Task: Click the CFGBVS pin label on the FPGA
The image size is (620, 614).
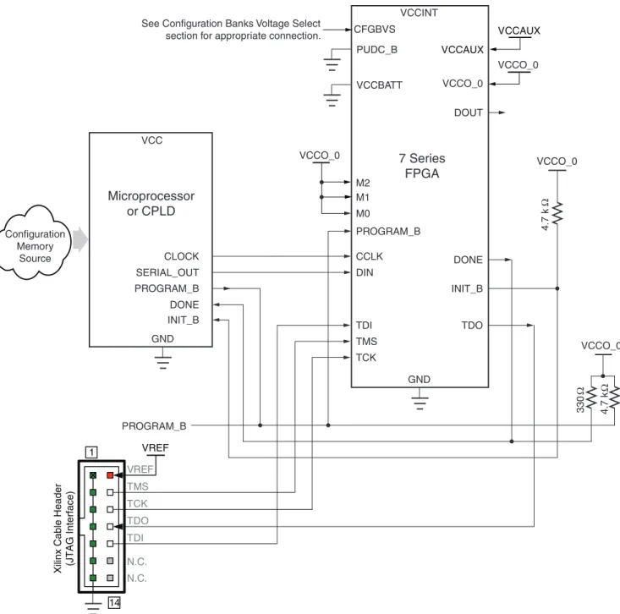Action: (375, 30)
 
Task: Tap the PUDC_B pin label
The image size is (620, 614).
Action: (377, 50)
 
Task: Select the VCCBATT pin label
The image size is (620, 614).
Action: (379, 85)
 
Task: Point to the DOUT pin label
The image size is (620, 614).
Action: (468, 112)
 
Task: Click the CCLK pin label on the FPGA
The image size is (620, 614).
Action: (370, 256)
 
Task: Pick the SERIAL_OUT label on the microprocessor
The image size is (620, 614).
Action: (167, 273)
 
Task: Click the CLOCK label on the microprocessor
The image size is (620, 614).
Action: (182, 256)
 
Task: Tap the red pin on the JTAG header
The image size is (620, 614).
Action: (110, 475)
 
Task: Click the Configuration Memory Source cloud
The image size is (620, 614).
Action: (35, 243)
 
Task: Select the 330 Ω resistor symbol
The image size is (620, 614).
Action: (591, 397)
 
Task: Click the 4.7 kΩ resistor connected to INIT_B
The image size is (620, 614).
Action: (557, 213)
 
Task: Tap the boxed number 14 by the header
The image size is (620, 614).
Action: (114, 602)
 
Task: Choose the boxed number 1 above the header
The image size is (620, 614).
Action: (91, 452)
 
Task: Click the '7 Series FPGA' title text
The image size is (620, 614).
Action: (422, 166)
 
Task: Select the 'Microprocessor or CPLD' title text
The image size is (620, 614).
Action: (151, 204)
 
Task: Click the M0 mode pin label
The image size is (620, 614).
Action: (363, 214)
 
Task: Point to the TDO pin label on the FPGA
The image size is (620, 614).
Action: (472, 326)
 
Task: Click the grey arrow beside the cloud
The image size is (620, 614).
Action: (80, 239)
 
